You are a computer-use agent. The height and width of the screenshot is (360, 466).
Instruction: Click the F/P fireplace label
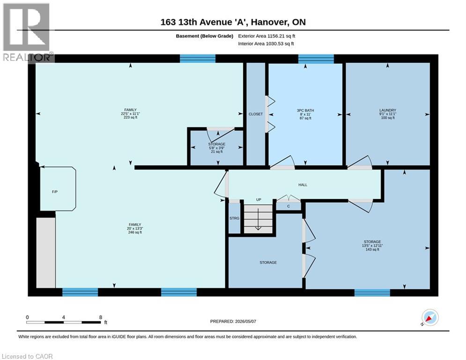[x=55, y=192]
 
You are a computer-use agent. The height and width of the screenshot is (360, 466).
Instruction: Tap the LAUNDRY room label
[x=387, y=110]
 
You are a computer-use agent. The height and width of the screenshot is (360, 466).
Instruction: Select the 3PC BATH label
[x=305, y=110]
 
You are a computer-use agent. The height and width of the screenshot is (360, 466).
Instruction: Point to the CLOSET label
[x=256, y=114]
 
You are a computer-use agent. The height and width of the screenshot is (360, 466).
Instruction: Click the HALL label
[x=303, y=185]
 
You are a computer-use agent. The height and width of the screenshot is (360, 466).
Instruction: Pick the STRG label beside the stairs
[x=234, y=218]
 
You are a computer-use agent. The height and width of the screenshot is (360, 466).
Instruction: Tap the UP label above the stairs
[x=259, y=200]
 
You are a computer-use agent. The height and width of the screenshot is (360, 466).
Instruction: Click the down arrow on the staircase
[x=258, y=219]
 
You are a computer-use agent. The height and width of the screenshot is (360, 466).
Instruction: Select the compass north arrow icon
[x=430, y=318]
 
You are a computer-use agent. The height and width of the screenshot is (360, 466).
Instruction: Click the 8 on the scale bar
[x=101, y=317]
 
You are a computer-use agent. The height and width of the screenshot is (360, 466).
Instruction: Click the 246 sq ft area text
[x=134, y=232]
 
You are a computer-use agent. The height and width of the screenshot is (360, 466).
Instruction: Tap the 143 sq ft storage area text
[x=372, y=250]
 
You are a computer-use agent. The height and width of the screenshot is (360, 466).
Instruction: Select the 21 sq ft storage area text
[x=217, y=152]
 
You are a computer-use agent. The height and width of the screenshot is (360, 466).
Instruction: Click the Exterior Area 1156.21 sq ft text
[x=266, y=36]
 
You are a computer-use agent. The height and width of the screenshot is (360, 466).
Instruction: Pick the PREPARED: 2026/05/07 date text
[x=233, y=321]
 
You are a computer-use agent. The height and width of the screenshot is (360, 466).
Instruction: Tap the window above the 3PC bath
[x=316, y=59]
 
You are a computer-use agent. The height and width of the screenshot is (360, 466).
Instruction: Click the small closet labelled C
[x=288, y=206]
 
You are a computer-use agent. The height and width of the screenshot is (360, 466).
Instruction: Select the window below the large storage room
[x=372, y=292]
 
